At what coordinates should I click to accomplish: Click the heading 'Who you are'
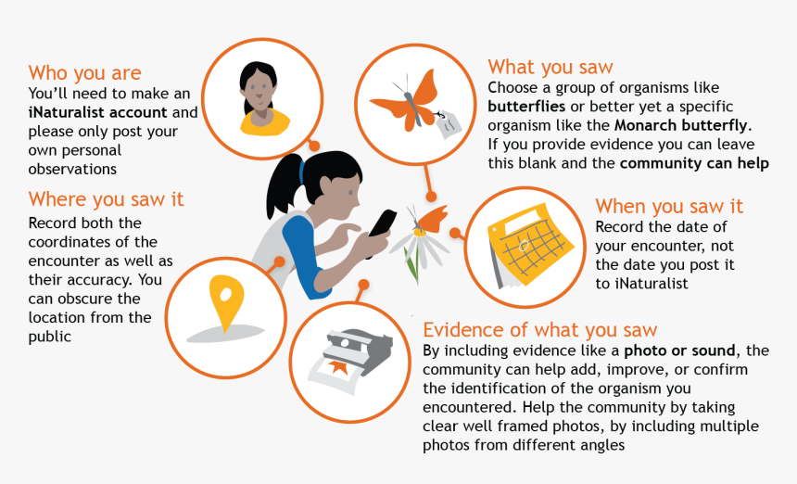(85, 73)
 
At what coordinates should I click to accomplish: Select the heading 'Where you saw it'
(107, 199)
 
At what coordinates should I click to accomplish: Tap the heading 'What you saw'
(550, 67)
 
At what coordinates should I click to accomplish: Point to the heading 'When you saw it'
(669, 207)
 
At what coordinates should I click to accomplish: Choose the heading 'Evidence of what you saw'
(540, 330)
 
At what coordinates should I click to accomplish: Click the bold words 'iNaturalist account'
(97, 112)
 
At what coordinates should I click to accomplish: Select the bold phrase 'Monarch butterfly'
(681, 125)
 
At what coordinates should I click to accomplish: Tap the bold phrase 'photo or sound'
(679, 350)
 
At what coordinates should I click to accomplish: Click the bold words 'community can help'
(694, 163)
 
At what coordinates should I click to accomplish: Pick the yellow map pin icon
(227, 301)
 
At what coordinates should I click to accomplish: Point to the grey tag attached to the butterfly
(449, 122)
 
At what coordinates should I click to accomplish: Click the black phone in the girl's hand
(382, 223)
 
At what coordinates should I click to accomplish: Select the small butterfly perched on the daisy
(429, 218)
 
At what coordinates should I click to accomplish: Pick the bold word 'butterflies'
(526, 107)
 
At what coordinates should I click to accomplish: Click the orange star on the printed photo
(337, 366)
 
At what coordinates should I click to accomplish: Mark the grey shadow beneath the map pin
(226, 334)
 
